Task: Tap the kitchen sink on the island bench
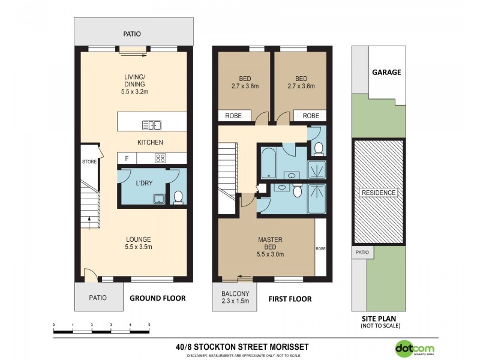[x=152, y=125]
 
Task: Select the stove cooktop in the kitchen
[x=161, y=158]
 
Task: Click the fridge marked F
[x=127, y=158]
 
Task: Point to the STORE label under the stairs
[x=89, y=161]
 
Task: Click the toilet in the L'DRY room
[x=178, y=197]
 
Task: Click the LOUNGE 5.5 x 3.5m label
[x=135, y=242]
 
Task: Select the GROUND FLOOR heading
[x=158, y=298]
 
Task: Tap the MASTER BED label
[x=270, y=247]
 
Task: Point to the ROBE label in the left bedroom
[x=233, y=116]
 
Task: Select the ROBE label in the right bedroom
[x=311, y=116]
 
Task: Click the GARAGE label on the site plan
[x=386, y=72]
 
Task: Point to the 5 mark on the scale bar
[x=149, y=325]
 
